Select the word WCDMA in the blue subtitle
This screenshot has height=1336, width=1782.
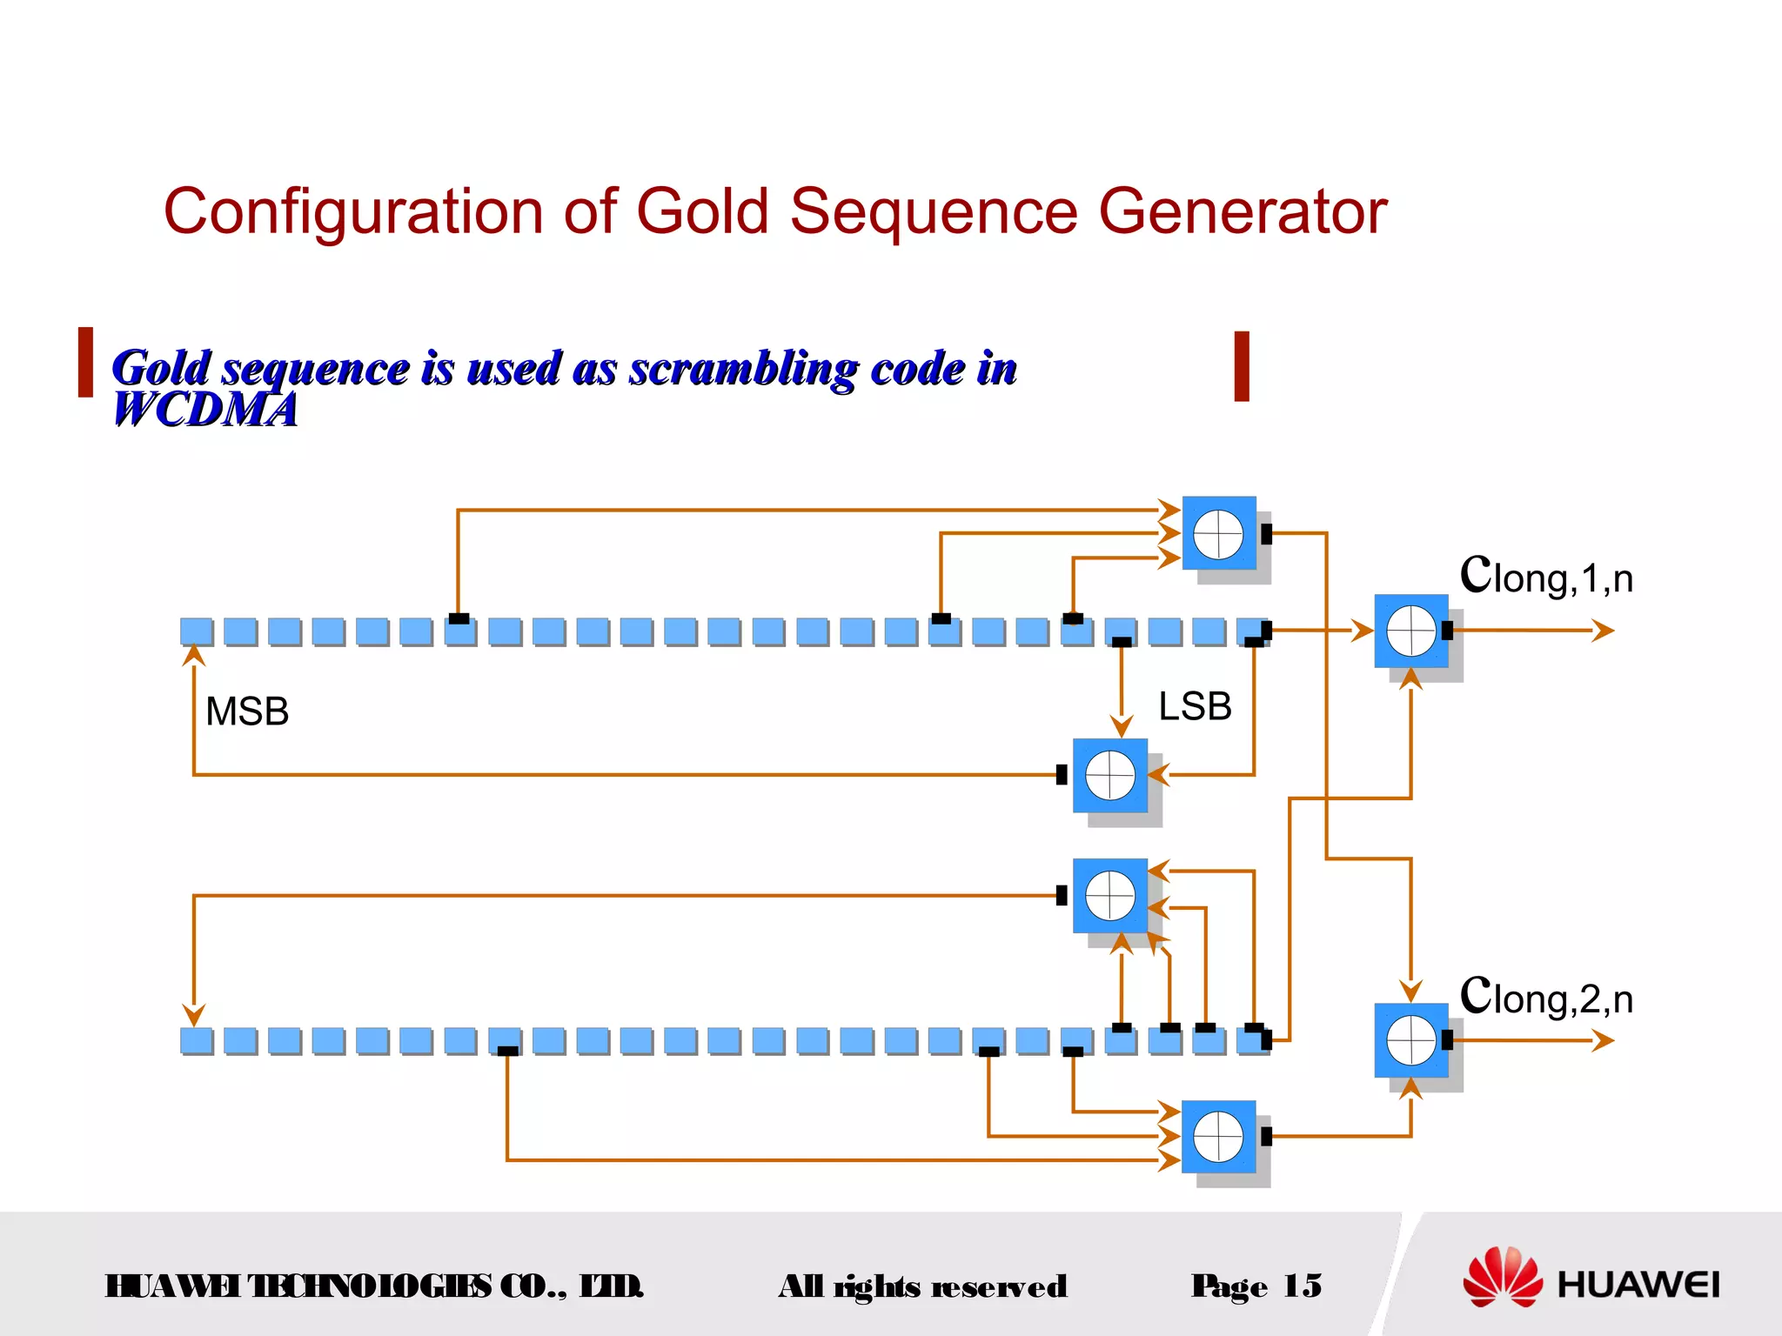coord(205,410)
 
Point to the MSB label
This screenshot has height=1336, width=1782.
coord(247,711)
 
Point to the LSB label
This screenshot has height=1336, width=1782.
coord(1195,706)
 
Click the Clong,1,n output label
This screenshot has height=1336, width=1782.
coord(1546,576)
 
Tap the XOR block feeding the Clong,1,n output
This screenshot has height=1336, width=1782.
coord(1410,631)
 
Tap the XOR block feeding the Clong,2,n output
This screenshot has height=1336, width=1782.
coord(1410,1040)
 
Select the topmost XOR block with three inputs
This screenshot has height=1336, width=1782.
coord(1218,533)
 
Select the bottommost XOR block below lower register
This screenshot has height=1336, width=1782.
coord(1218,1137)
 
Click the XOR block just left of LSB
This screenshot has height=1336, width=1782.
coord(1110,775)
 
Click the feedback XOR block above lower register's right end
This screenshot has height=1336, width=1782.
coord(1110,896)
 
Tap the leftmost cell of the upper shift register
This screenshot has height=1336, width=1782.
coord(196,631)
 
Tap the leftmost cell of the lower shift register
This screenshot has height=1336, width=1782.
coord(196,1040)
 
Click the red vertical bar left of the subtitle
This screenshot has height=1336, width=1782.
coord(85,362)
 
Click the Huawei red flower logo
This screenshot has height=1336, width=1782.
coord(1502,1277)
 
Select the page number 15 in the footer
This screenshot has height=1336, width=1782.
coord(1303,1286)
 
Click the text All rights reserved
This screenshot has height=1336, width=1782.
coord(922,1286)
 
